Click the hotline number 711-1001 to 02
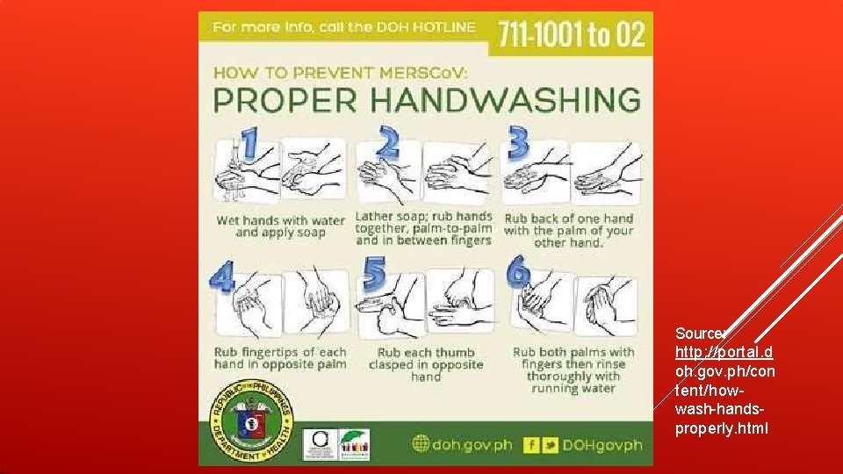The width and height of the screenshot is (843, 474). (x=572, y=34)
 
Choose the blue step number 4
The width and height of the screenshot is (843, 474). (x=222, y=277)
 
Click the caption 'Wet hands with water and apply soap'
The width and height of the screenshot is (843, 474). (x=280, y=226)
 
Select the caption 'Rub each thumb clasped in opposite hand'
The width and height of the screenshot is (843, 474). (x=426, y=364)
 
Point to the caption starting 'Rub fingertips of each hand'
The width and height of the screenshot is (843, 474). (x=280, y=358)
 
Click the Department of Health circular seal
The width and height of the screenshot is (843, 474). (x=251, y=422)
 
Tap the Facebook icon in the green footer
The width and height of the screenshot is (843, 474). (x=530, y=444)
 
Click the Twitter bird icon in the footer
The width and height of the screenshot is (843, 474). (x=550, y=444)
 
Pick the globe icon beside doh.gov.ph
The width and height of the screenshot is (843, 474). (x=420, y=445)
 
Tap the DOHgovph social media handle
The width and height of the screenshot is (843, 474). (x=602, y=445)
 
